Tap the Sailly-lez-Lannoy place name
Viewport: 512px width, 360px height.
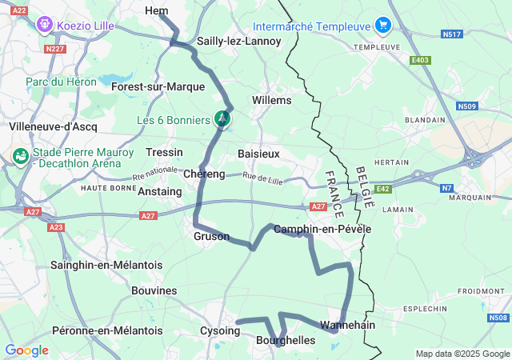227,41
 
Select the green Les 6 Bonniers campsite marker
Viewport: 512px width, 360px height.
222,119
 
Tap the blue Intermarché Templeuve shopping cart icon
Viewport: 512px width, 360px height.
382,26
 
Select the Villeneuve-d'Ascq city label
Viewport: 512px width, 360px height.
53,126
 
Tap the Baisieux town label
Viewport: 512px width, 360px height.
258,153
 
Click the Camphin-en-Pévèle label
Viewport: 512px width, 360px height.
322,230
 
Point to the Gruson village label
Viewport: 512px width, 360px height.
211,237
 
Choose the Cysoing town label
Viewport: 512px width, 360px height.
219,330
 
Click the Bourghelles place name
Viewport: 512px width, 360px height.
285,341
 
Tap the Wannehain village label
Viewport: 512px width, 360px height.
348,326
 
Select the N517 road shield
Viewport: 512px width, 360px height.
452,34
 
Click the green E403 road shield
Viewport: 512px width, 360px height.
420,60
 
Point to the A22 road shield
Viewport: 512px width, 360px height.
20,10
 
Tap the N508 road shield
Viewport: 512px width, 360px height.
498,318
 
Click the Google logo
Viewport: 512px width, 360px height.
26,350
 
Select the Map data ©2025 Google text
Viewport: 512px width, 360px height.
462,354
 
